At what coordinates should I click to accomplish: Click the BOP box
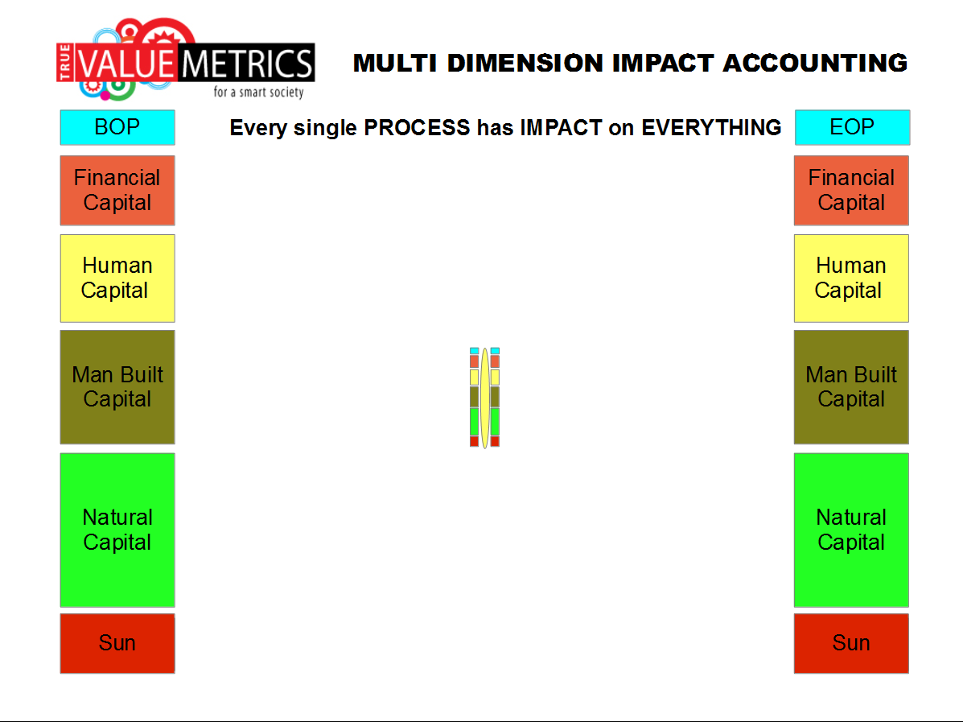point(117,127)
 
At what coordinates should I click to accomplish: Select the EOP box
point(852,127)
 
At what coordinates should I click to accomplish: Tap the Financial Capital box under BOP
point(117,191)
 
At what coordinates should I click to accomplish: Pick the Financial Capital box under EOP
point(851,191)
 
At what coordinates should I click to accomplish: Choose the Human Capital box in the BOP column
point(117,278)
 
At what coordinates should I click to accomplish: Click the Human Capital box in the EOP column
point(851,278)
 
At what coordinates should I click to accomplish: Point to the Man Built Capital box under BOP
point(117,387)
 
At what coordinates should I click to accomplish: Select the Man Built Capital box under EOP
point(851,387)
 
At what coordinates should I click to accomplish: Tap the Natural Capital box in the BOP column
point(117,530)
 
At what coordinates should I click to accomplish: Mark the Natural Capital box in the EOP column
point(851,530)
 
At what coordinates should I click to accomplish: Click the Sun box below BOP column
point(117,643)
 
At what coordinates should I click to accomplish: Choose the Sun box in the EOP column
point(851,643)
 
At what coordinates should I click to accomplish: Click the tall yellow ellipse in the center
point(484,398)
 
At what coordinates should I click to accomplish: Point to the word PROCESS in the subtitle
point(417,128)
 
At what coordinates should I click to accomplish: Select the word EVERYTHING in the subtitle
point(711,128)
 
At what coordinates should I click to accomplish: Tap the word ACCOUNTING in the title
point(815,63)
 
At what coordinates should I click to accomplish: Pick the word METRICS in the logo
point(248,64)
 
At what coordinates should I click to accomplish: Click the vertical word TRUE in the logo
point(65,62)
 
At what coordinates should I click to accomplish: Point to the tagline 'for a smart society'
point(258,93)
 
